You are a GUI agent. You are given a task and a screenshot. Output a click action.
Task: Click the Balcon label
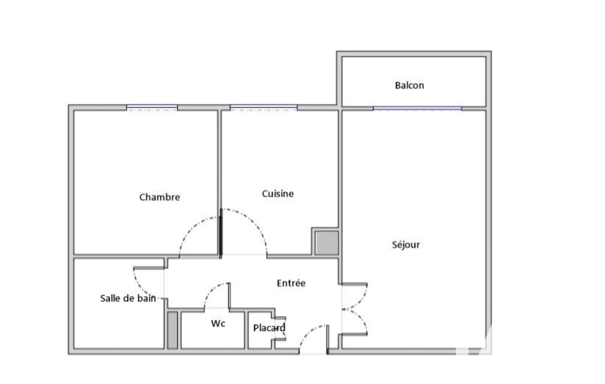point(410,85)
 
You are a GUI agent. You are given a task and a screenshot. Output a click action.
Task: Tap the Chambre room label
point(159,197)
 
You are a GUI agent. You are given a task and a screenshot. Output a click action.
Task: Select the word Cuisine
point(277,194)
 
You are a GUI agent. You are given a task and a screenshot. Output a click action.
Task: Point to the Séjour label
point(405,245)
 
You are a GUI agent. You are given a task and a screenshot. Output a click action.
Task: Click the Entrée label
point(291,283)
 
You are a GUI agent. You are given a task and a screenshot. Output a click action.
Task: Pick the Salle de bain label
point(127,298)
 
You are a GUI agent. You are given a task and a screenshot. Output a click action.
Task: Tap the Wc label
point(218,323)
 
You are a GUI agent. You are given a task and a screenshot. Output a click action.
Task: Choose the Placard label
point(269,328)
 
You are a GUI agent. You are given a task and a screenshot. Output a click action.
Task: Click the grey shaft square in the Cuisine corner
point(327,243)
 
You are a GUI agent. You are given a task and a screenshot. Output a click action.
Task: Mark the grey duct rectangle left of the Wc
point(172,330)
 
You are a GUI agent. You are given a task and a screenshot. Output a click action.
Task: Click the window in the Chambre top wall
point(152,108)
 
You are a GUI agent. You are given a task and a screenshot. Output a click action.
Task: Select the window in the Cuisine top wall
point(263,108)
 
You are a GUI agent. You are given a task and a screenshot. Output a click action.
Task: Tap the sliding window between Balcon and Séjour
point(417,109)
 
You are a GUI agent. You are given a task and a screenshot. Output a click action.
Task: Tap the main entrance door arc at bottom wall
point(308,331)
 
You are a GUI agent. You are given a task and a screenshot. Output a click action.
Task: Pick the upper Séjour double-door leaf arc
point(361,301)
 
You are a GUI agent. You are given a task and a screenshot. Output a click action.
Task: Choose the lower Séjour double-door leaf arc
point(361,318)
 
